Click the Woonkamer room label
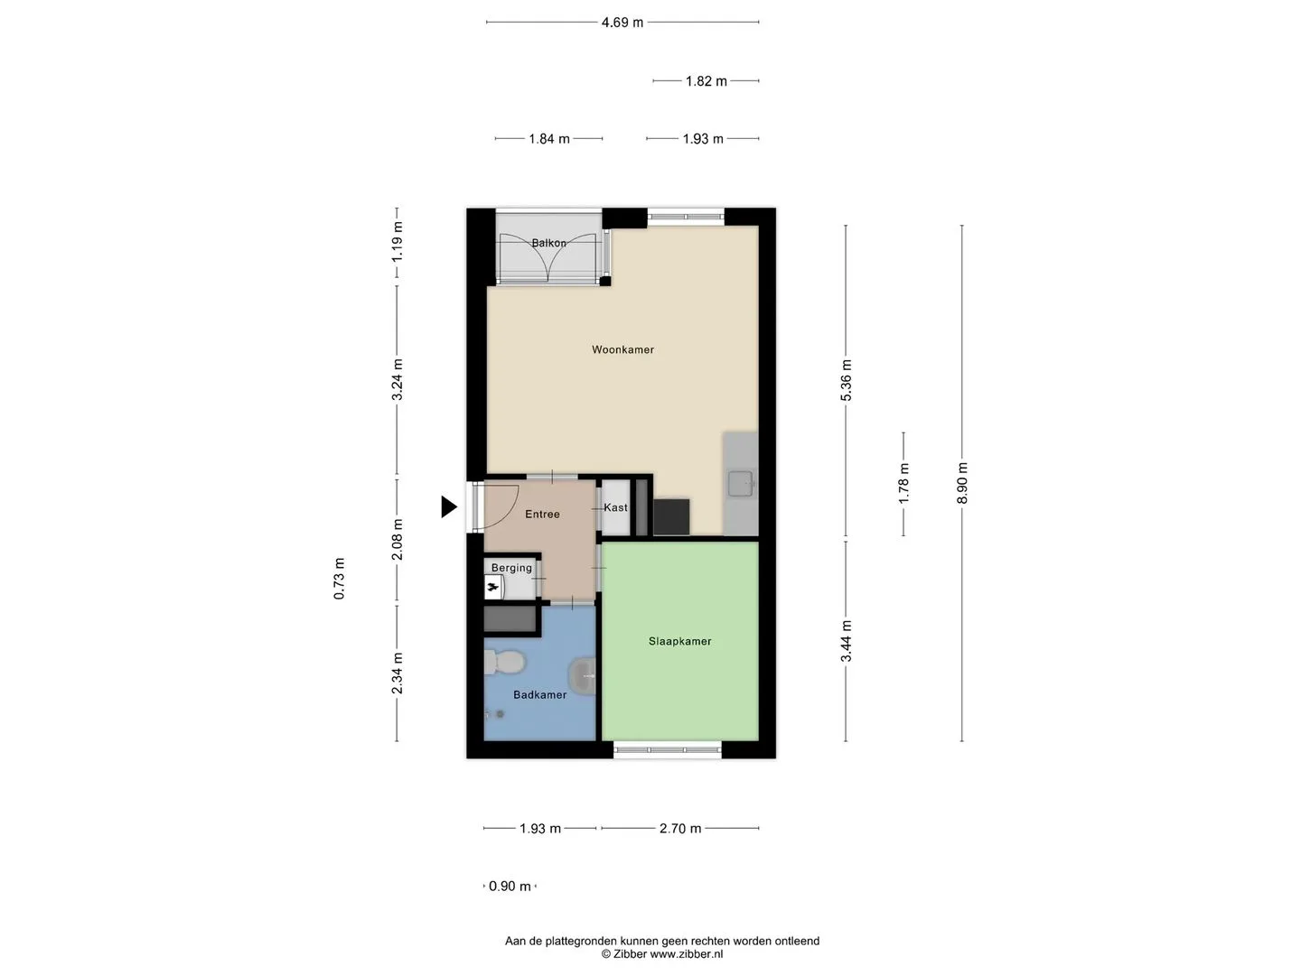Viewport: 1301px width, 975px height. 622,350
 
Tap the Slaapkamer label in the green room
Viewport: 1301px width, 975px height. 679,641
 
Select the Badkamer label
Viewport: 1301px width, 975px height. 539,695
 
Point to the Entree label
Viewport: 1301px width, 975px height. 542,515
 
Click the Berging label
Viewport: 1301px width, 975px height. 511,569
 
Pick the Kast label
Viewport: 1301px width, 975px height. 616,507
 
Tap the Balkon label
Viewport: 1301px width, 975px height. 548,243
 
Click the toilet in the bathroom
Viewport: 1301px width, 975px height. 504,662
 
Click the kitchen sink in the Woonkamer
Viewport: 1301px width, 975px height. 741,483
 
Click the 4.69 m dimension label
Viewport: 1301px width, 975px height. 622,23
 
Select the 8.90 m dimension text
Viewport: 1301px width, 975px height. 962,483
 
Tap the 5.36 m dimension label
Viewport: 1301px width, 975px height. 847,380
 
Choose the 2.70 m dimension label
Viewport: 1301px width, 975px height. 680,828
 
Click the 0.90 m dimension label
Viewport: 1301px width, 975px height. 510,887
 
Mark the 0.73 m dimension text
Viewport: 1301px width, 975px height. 339,579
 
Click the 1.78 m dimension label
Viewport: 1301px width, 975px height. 903,484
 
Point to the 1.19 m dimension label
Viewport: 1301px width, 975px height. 398,242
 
